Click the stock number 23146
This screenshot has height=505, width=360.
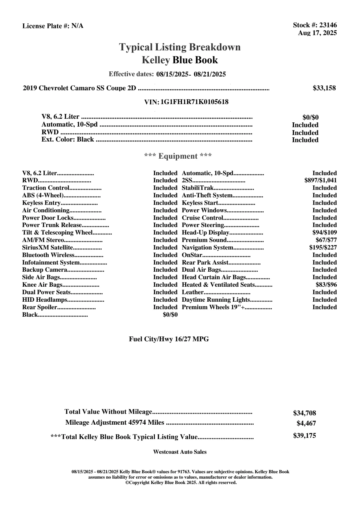(x=328, y=25)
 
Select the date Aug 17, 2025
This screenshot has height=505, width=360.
(x=317, y=33)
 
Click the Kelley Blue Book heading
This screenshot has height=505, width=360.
(x=180, y=60)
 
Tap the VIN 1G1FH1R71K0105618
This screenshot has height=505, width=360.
(x=194, y=102)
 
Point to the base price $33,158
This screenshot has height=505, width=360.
(x=324, y=88)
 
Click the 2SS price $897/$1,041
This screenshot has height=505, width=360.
(x=320, y=181)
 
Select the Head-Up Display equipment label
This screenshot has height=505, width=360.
(x=205, y=233)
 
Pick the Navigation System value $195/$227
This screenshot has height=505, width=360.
(x=323, y=248)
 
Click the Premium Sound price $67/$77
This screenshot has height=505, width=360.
(x=326, y=240)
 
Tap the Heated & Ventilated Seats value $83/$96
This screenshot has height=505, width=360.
(x=326, y=285)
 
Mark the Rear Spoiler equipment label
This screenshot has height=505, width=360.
(x=40, y=307)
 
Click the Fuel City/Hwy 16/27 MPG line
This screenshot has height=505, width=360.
(x=169, y=339)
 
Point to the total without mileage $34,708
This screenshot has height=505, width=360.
(x=304, y=413)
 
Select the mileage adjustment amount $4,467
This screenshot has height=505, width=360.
(x=306, y=423)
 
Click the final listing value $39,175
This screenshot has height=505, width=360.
(x=304, y=436)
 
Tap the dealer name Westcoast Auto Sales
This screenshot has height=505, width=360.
(x=180, y=452)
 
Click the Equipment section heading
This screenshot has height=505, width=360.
(x=178, y=156)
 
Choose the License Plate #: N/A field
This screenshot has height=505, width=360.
(x=53, y=26)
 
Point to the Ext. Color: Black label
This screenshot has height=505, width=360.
(x=67, y=140)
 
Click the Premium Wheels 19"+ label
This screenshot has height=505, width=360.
(x=213, y=307)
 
